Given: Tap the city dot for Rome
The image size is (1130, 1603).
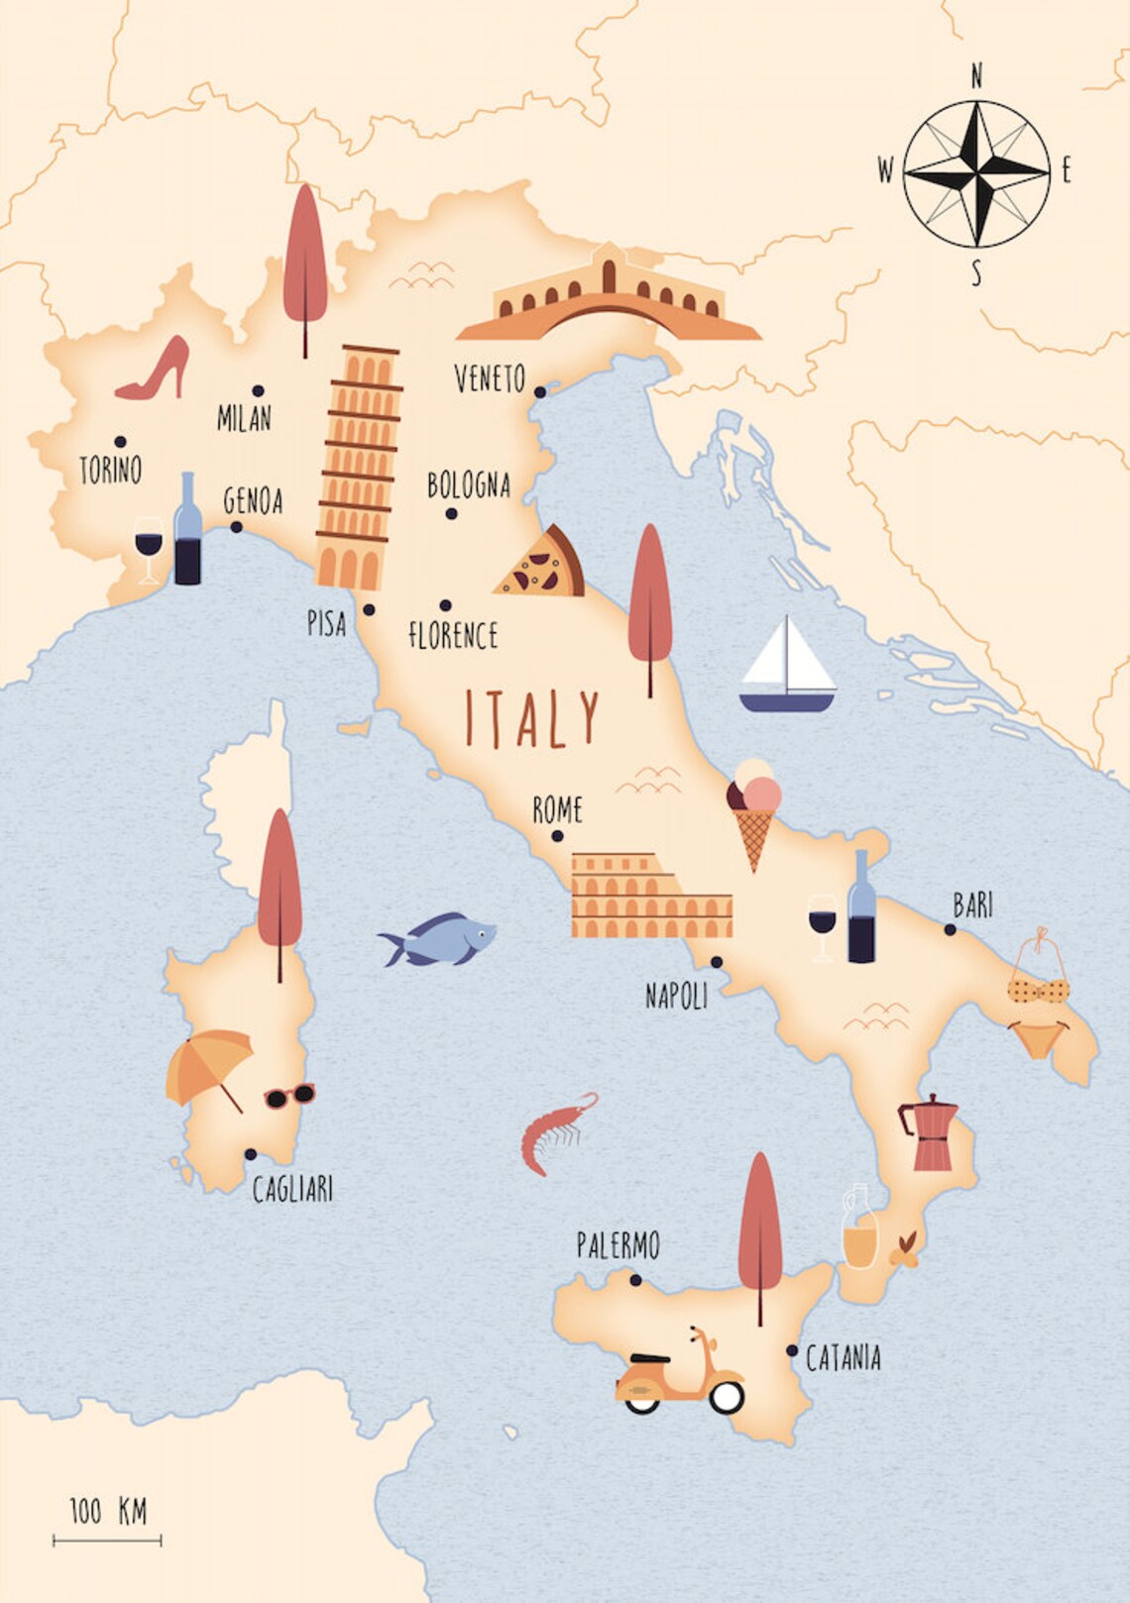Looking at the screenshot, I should (x=557, y=837).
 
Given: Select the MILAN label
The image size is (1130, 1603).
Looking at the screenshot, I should (x=244, y=418).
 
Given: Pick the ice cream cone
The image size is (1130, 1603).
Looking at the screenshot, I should (x=753, y=812).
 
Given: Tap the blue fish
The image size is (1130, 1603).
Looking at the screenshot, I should (x=439, y=939).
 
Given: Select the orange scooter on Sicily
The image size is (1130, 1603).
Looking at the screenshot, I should (x=680, y=1377).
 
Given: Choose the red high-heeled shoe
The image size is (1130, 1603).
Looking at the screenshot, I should (x=157, y=371).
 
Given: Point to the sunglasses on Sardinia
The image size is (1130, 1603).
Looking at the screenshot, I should (x=289, y=1096).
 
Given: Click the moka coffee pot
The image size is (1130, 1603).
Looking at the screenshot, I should (x=930, y=1133).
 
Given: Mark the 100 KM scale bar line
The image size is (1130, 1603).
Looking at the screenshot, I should (x=107, y=1541).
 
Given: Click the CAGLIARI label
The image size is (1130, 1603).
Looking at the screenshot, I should (x=292, y=1189).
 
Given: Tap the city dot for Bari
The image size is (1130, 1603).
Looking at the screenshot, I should (x=950, y=930).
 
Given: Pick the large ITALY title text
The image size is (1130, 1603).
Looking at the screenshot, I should (x=532, y=719).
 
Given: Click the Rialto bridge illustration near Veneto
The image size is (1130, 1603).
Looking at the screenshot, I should (x=609, y=297).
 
